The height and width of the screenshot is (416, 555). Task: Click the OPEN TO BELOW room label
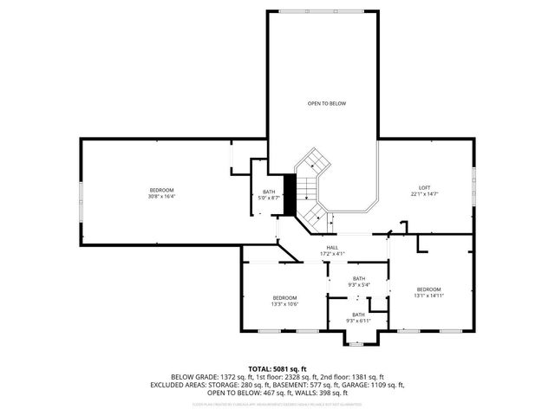[x=326, y=103]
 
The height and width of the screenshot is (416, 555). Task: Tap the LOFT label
[x=424, y=187]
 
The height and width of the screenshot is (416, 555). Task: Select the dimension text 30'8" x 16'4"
[x=161, y=197]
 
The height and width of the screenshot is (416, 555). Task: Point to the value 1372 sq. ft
[x=241, y=377]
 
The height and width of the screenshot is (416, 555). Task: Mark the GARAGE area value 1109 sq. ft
[x=382, y=385]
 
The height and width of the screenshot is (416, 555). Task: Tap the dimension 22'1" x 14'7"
[x=424, y=194]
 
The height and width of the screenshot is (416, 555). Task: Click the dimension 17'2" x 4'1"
[x=332, y=254]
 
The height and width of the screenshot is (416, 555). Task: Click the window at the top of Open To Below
[x=323, y=10]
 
